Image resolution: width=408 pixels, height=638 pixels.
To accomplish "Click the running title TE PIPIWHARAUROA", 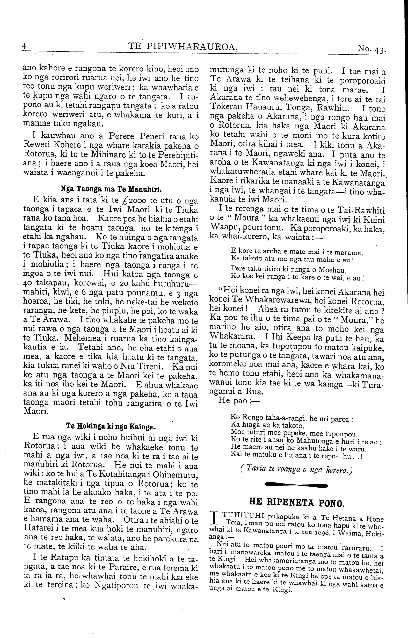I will tap(183, 47).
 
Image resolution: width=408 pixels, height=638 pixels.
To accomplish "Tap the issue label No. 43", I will tap(372, 49).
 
